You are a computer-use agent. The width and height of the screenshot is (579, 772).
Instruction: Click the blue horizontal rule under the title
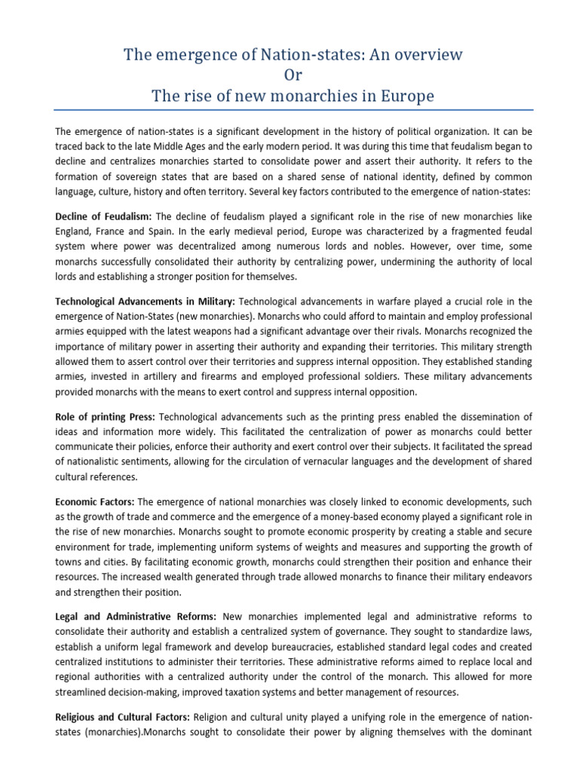[289, 110]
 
